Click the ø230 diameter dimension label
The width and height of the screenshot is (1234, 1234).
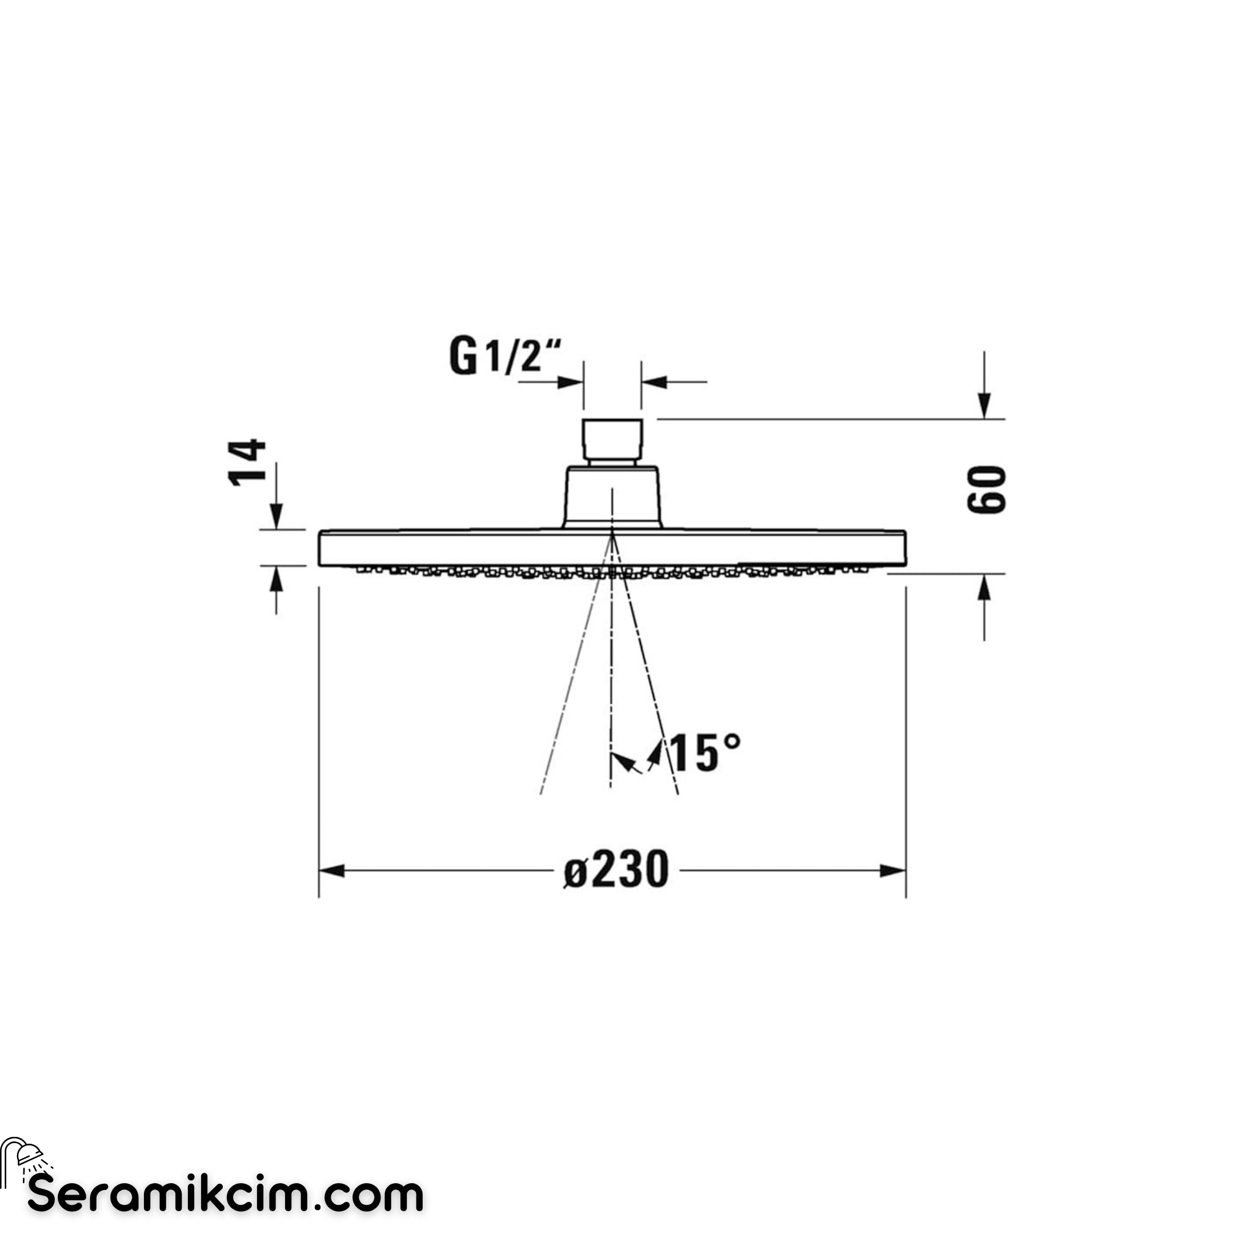(x=616, y=871)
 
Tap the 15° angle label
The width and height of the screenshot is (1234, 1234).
(x=704, y=753)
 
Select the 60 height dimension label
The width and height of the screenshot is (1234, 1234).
(x=986, y=490)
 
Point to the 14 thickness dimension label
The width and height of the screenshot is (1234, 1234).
(x=248, y=462)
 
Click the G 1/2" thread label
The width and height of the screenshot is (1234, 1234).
(x=505, y=356)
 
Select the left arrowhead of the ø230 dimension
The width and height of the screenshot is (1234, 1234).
(x=332, y=871)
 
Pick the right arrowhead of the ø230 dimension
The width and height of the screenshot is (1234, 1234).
(x=892, y=871)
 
